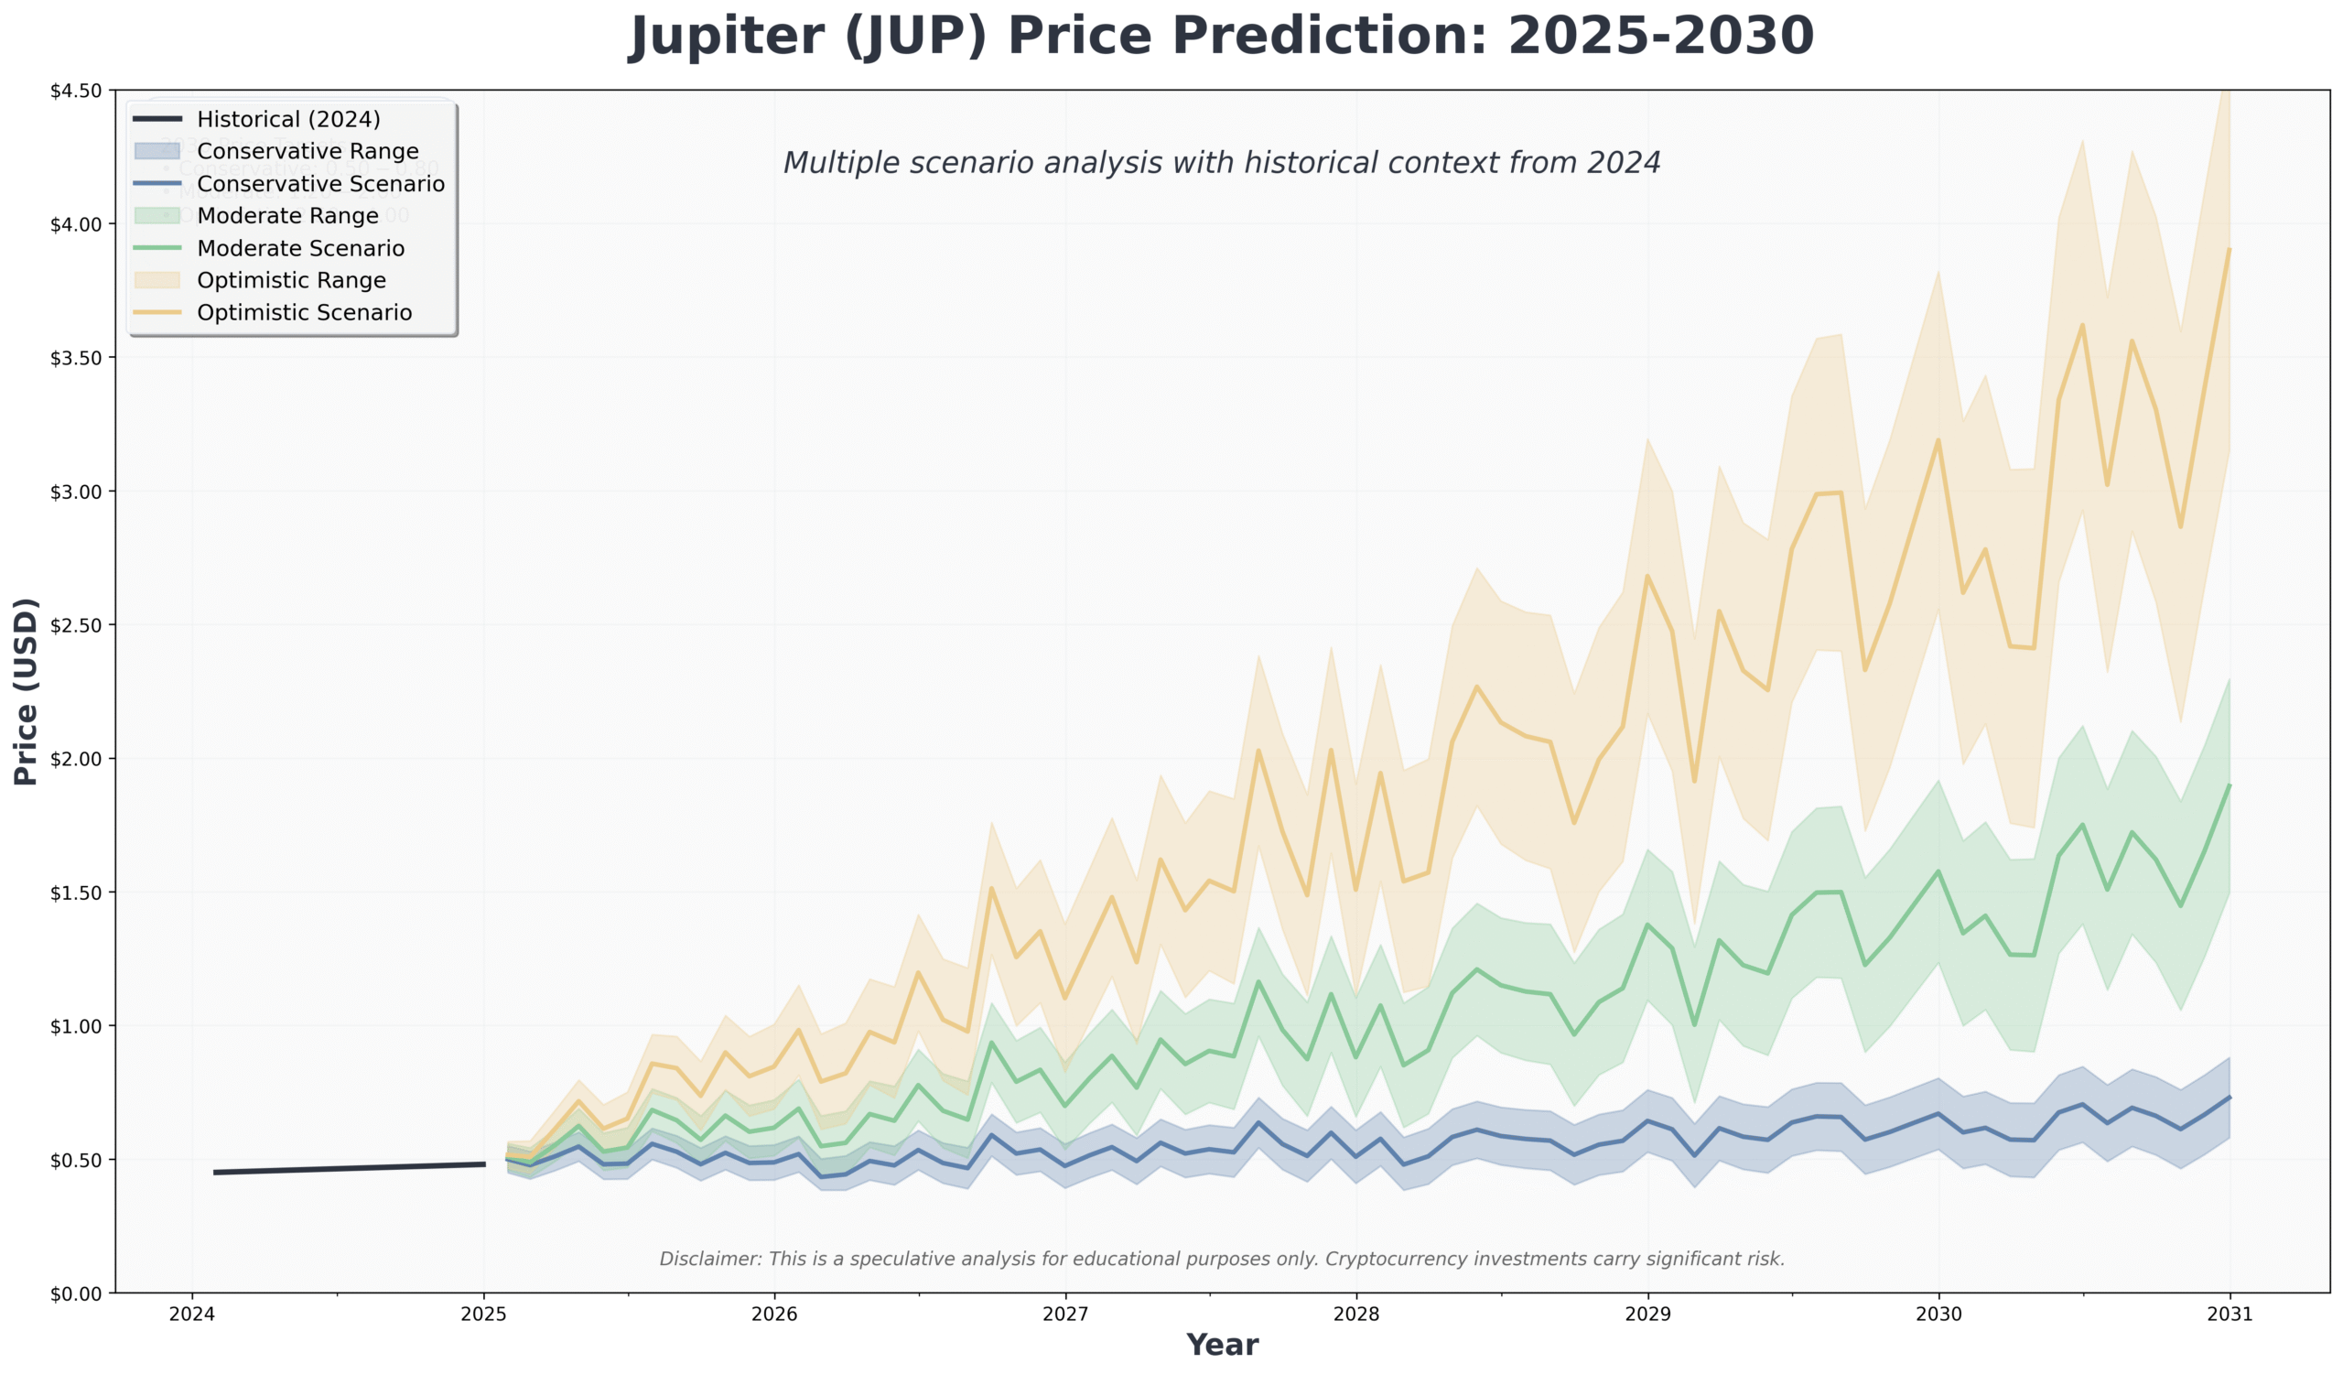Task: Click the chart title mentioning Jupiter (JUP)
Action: [x=1221, y=38]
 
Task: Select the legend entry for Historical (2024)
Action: [x=288, y=119]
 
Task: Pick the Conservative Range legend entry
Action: [x=307, y=152]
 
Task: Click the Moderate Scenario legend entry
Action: [x=300, y=248]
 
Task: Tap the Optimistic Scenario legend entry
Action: [x=304, y=312]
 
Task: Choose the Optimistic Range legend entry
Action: [x=291, y=281]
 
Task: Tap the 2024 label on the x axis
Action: [x=192, y=1314]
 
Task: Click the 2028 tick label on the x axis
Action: [x=1356, y=1314]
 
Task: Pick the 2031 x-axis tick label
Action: [x=2230, y=1314]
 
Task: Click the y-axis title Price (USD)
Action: [x=26, y=692]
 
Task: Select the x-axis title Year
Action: [x=1222, y=1345]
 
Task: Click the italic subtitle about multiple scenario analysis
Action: [x=1221, y=163]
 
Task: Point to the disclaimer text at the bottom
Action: [x=1221, y=1259]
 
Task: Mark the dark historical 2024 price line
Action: [x=349, y=1168]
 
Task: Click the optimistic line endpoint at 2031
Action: [x=2229, y=249]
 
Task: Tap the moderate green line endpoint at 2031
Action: [x=2229, y=785]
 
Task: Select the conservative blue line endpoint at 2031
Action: [x=2229, y=1098]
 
